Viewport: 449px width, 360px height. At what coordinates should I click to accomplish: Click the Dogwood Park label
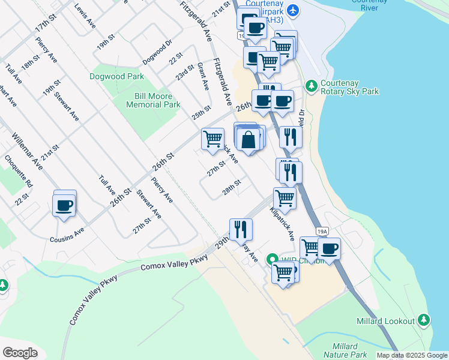(x=116, y=77)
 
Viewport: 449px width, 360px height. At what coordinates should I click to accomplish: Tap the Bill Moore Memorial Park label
(x=153, y=100)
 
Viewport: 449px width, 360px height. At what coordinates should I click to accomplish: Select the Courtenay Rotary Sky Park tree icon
(x=312, y=86)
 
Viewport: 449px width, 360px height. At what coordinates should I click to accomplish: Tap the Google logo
(x=20, y=353)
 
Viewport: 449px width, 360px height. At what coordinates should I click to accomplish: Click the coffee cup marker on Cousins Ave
(x=64, y=206)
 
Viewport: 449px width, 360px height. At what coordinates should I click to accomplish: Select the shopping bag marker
(x=248, y=140)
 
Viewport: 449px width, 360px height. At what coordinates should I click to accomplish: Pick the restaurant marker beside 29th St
(x=241, y=229)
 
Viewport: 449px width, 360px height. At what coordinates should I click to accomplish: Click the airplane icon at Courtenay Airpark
(x=292, y=10)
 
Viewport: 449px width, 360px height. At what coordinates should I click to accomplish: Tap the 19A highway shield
(x=323, y=231)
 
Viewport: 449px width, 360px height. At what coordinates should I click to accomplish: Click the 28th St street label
(x=231, y=187)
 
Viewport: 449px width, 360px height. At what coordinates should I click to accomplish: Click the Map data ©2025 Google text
(x=412, y=355)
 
